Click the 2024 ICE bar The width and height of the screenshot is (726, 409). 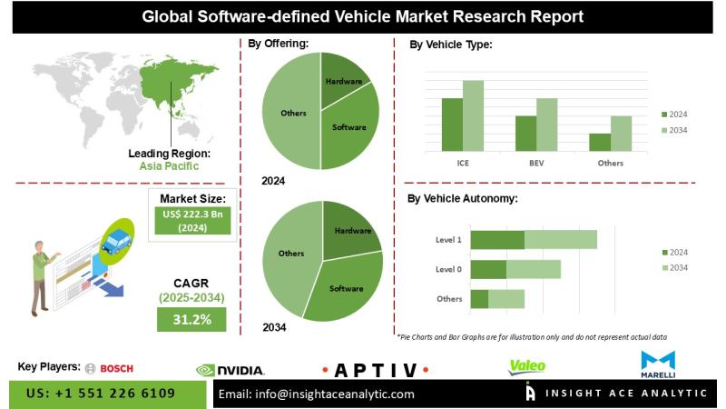(452, 125)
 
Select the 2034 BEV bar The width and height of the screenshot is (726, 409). (546, 125)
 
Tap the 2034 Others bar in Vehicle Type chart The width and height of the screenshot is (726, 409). (621, 134)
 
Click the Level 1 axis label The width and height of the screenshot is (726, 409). (448, 240)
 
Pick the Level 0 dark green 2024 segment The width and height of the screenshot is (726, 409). (488, 269)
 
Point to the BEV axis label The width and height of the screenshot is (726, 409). (536, 163)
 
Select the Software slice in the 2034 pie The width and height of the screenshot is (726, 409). (346, 288)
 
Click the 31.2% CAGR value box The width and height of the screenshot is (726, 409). (191, 319)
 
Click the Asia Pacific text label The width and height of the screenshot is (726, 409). (170, 166)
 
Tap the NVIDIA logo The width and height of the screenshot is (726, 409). (231, 370)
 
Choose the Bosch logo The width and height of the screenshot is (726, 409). (109, 368)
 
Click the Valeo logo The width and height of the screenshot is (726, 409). (527, 366)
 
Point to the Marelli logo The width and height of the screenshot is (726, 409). (658, 364)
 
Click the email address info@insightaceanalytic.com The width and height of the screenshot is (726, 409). (318, 394)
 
